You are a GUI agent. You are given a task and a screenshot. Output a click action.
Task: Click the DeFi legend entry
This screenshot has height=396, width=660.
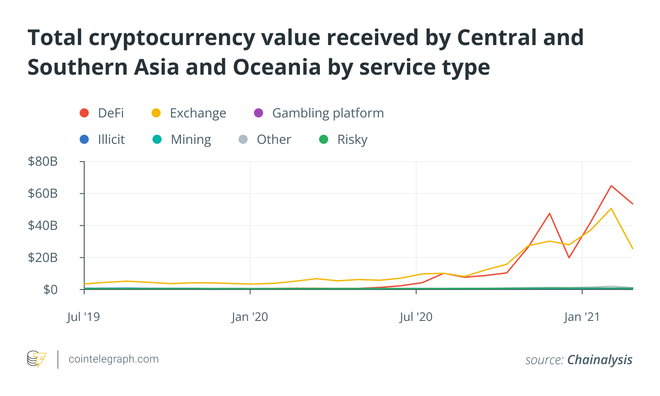102,113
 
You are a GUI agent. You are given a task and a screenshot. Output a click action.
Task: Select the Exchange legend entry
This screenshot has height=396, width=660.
189,113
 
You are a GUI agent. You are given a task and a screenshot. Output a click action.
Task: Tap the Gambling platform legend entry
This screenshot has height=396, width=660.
319,113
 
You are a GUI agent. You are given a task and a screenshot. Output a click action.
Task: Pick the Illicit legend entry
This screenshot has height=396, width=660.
102,139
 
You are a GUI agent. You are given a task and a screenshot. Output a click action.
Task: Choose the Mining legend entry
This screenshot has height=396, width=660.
182,139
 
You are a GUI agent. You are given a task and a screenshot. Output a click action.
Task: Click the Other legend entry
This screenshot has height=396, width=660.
265,139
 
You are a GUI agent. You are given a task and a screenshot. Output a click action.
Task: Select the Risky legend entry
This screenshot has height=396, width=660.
343,139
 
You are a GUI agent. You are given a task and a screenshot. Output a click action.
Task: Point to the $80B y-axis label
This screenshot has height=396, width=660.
43,161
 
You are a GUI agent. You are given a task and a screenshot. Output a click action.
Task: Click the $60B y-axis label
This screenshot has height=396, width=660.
43,193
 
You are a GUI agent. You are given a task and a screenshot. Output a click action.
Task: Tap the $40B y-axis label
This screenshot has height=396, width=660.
43,225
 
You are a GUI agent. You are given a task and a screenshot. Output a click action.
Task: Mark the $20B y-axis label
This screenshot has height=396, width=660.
43,258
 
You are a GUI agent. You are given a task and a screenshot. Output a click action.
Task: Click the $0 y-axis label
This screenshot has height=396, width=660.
50,289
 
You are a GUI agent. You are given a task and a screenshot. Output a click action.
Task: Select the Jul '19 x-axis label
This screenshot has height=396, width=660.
83,317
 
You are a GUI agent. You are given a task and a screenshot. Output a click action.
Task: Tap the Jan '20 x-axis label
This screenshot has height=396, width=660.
249,317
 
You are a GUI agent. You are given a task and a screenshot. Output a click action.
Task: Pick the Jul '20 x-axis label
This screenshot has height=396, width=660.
416,317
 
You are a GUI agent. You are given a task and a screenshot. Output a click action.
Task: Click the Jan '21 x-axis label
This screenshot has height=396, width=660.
582,317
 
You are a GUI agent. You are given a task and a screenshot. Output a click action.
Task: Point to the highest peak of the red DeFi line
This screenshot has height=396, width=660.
611,186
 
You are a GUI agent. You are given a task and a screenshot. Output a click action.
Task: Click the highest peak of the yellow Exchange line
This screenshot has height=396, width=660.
611,208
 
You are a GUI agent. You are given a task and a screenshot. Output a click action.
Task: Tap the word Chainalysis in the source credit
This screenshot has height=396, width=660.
599,360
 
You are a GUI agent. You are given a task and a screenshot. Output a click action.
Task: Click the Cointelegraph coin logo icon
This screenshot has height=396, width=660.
36,359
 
